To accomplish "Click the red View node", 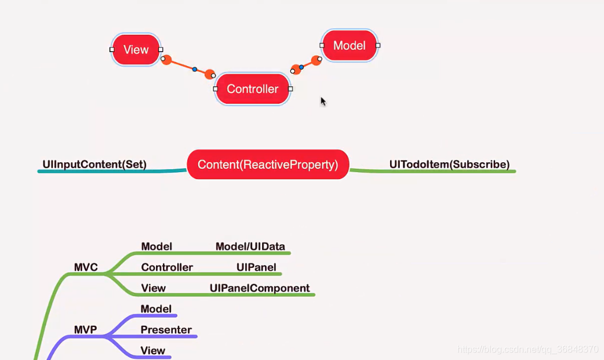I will pos(136,50).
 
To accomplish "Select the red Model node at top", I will pos(350,46).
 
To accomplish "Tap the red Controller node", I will pos(252,89).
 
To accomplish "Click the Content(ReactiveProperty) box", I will pos(268,165).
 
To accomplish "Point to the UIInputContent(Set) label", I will pos(94,164).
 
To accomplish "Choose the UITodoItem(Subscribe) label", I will pos(449,164).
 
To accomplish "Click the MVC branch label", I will pos(86,267).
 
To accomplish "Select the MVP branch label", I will pos(85,330).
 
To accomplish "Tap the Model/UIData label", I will pos(250,246).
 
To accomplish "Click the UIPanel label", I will pos(256,267).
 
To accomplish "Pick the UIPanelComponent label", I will pos(260,288).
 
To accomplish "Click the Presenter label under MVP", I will pos(166,330).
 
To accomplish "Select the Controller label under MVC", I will pos(167,267).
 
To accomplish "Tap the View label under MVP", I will pos(153,351).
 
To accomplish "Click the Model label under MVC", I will pos(157,246).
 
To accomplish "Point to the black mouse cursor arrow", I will pos(323,101).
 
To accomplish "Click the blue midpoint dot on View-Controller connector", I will pos(195,70).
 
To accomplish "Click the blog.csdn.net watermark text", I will pos(527,350).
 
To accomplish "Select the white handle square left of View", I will pos(112,50).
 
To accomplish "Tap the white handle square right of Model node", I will pos(378,45).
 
